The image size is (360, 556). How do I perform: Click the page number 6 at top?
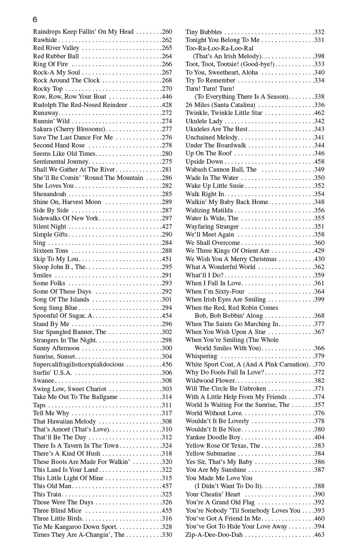coord(35,20)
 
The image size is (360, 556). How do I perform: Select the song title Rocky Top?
coord(48,89)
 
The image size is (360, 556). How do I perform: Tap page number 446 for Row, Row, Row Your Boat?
coord(167,97)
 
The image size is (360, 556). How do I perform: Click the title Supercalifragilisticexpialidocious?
coord(78,364)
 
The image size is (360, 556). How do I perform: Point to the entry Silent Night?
coord(50,227)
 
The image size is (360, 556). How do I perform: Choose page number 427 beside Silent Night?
coord(167,227)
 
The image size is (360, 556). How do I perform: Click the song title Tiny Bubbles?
coord(204,32)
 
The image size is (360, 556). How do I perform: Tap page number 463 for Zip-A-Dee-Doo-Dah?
coord(319,535)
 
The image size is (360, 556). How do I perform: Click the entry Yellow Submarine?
coord(210,454)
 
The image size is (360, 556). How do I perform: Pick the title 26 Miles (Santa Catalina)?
coord(220,105)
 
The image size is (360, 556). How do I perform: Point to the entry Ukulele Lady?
coord(204,121)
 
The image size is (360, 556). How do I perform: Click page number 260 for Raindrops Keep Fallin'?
coord(167,32)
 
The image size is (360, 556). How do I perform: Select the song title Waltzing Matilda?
coord(209,210)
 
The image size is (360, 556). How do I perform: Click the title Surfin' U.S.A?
coord(52,372)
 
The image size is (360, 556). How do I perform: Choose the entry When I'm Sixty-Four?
coord(215,292)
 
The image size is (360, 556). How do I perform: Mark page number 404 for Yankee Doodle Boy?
coord(319,437)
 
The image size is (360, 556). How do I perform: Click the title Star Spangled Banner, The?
coord(70,332)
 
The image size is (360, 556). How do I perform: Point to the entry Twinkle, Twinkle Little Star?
coord(224,113)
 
